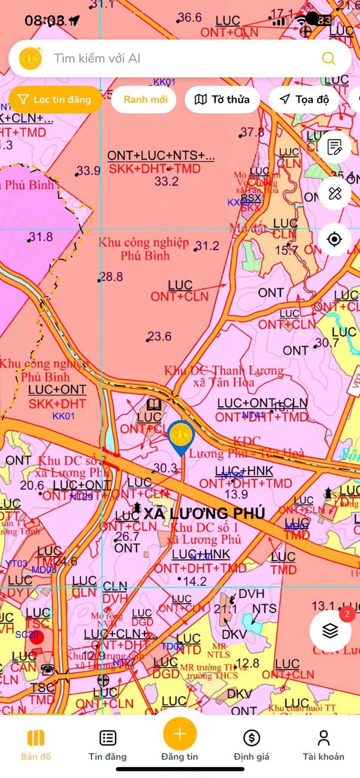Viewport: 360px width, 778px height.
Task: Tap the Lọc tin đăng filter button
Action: click(x=55, y=99)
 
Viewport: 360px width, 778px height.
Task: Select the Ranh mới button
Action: click(x=145, y=99)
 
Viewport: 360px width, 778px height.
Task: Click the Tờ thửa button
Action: click(x=222, y=99)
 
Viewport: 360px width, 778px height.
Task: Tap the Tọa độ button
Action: click(x=304, y=99)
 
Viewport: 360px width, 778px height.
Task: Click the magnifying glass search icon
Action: click(x=328, y=58)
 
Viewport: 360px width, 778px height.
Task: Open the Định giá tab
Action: click(x=251, y=744)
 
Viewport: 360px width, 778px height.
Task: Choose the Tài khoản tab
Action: click(x=323, y=744)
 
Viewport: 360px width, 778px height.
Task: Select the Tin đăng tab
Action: click(x=107, y=744)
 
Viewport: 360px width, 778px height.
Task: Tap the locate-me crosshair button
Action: click(x=334, y=239)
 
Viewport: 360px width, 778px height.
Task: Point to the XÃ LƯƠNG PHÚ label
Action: click(x=204, y=513)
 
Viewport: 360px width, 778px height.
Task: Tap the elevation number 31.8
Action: click(x=41, y=236)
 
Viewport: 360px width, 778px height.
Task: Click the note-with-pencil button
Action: click(x=334, y=147)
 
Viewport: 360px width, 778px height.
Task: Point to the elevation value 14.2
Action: click(x=194, y=581)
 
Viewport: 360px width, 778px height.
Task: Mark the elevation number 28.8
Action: click(x=111, y=277)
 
